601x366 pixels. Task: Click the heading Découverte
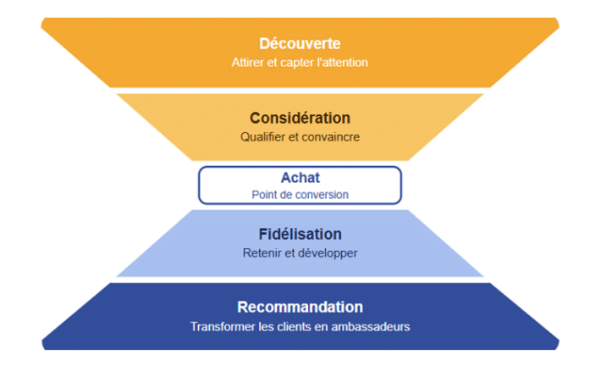pos(300,43)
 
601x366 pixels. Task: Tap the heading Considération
pos(300,118)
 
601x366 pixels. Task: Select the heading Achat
pos(300,178)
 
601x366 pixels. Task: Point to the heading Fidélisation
pos(300,234)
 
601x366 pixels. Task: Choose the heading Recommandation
pos(300,307)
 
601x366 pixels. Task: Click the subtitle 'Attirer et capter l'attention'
pos(300,63)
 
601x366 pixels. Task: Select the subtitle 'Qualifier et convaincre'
pos(300,136)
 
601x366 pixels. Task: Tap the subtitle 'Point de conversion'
pos(300,194)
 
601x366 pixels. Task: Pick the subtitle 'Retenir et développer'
pos(300,252)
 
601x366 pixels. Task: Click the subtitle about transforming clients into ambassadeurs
pos(300,326)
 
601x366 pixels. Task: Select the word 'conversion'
pos(323,194)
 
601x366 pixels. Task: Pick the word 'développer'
pos(326,252)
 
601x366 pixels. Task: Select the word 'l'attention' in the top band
pos(343,63)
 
